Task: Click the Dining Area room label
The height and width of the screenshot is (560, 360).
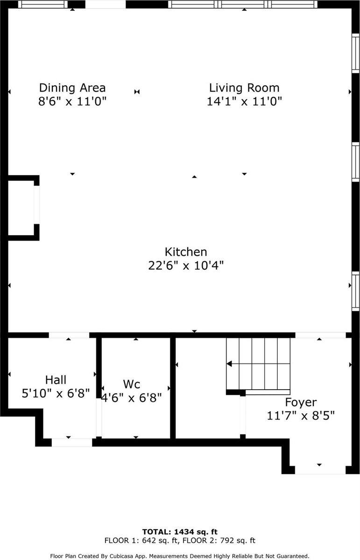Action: pyautogui.click(x=72, y=88)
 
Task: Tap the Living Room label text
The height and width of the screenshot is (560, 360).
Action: pyautogui.click(x=244, y=88)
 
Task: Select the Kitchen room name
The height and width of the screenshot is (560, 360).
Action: pyautogui.click(x=185, y=252)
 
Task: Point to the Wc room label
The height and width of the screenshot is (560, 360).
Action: pyautogui.click(x=131, y=385)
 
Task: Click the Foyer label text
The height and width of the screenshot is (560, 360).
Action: pyautogui.click(x=301, y=402)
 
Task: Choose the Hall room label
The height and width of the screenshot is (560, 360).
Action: pyautogui.click(x=56, y=380)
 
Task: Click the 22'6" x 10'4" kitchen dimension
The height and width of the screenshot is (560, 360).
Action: pyautogui.click(x=185, y=266)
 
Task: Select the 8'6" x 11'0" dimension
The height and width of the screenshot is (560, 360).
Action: pyautogui.click(x=72, y=101)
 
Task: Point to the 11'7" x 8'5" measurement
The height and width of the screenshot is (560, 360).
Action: pyautogui.click(x=301, y=415)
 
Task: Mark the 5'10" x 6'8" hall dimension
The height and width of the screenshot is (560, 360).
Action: pyautogui.click(x=56, y=393)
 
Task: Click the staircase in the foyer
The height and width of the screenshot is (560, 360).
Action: pyautogui.click(x=258, y=364)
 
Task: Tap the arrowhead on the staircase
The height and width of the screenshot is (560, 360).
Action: pyautogui.click(x=229, y=364)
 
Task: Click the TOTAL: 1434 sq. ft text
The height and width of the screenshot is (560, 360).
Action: pyautogui.click(x=180, y=532)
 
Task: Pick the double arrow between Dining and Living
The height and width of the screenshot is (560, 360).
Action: pyautogui.click(x=137, y=92)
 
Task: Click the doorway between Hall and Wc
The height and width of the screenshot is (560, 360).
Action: pyautogui.click(x=99, y=415)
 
